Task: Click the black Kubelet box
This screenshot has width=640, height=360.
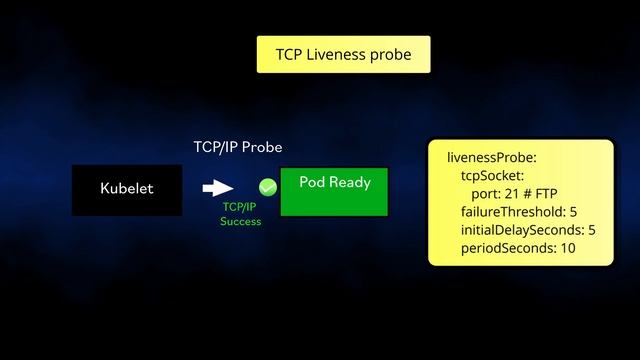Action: [x=127, y=190]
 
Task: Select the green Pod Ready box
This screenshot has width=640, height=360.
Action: [x=334, y=192]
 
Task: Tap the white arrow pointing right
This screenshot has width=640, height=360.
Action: [x=218, y=188]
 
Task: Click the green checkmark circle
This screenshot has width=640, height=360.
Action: [x=268, y=188]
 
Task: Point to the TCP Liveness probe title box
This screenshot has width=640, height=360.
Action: [x=344, y=54]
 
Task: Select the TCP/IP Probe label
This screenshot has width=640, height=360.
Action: [x=238, y=147]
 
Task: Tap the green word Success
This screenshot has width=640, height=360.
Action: [x=240, y=221]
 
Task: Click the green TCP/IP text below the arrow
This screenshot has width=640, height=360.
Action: [x=240, y=207]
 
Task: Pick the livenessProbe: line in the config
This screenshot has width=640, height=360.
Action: [x=492, y=158]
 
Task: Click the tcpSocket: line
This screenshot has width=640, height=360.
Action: [x=492, y=176]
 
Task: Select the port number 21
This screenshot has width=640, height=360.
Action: [x=511, y=193]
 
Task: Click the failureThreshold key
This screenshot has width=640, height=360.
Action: [x=513, y=212]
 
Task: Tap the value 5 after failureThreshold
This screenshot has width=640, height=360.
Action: [x=573, y=212]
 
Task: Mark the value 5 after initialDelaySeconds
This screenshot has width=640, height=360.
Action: [x=592, y=230]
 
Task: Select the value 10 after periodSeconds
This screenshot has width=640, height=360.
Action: [x=568, y=248]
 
